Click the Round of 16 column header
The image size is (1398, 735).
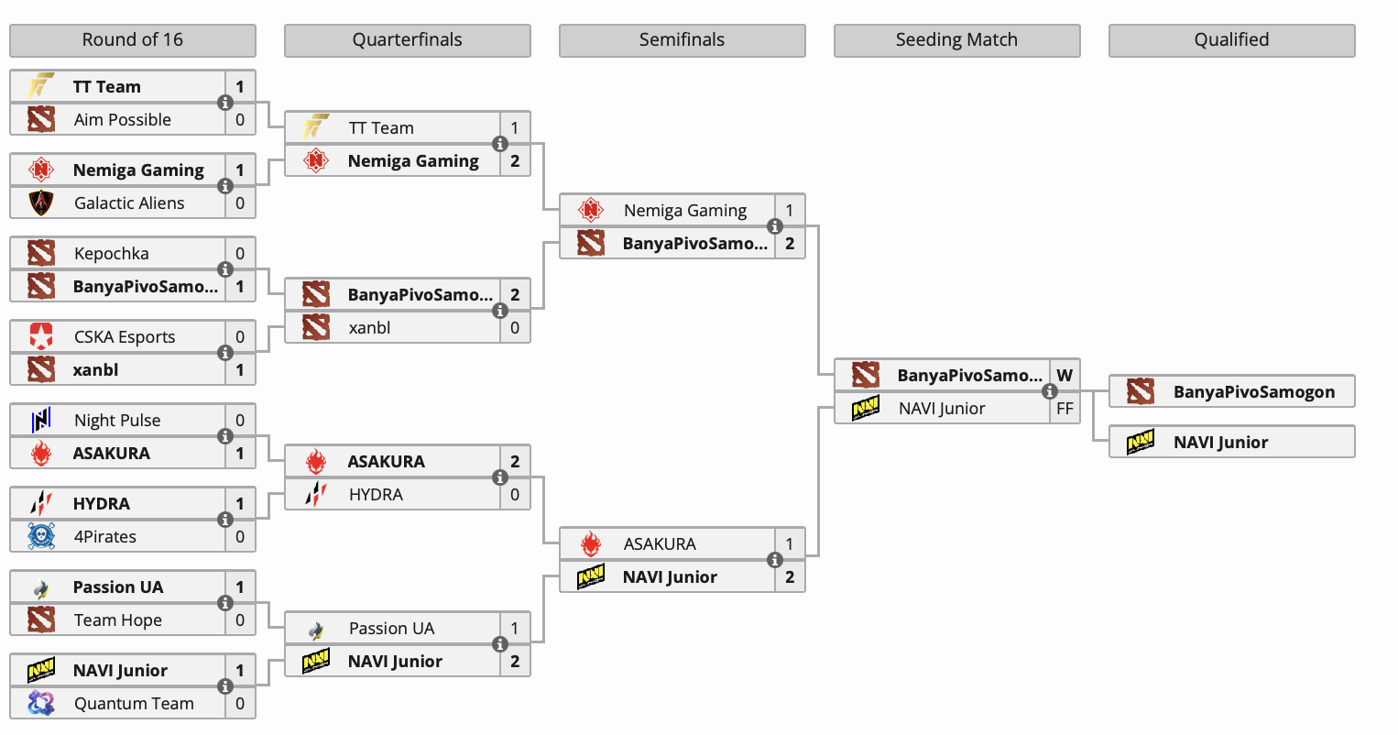(132, 40)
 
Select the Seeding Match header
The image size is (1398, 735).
(956, 40)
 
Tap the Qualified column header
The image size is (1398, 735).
(1231, 40)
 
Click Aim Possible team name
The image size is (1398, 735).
(122, 120)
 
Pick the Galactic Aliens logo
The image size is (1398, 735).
(41, 203)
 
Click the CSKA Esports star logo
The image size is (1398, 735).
(41, 337)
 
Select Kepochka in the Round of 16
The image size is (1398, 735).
(111, 254)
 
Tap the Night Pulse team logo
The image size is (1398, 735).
(41, 421)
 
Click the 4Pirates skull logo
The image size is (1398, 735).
(41, 537)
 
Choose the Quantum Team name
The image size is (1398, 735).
(134, 704)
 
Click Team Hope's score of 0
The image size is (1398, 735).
(240, 620)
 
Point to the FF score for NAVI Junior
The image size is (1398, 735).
(1065, 409)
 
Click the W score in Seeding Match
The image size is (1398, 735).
(1065, 376)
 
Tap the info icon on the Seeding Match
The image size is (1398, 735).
(1050, 391)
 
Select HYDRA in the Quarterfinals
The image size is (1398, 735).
(376, 495)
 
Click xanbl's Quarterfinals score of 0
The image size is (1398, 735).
(515, 328)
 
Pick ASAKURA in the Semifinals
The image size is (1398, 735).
(660, 544)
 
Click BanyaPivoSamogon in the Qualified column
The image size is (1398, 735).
(1253, 392)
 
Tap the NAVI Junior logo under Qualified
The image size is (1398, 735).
(1141, 443)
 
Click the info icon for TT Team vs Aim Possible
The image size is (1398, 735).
(225, 103)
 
